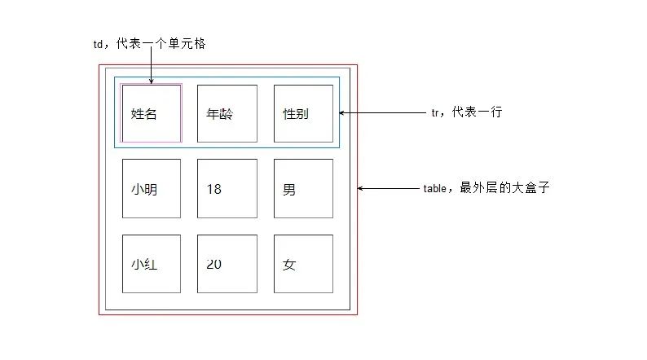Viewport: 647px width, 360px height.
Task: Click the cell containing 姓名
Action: [151, 114]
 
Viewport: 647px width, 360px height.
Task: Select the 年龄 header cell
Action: [227, 114]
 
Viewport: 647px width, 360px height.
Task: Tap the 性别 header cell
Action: [303, 114]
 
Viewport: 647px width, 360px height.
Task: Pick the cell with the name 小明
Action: [151, 189]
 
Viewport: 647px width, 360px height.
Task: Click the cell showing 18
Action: [227, 189]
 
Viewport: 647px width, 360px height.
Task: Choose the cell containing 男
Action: [303, 189]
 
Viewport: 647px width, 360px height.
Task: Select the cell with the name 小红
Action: [151, 265]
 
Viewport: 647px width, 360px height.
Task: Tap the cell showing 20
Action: [227, 265]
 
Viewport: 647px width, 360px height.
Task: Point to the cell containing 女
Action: [303, 265]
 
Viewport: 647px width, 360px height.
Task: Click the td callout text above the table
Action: [149, 44]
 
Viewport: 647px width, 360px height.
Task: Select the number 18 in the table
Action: [213, 190]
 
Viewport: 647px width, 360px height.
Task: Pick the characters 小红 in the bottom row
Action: [143, 265]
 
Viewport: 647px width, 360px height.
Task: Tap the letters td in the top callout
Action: [99, 45]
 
